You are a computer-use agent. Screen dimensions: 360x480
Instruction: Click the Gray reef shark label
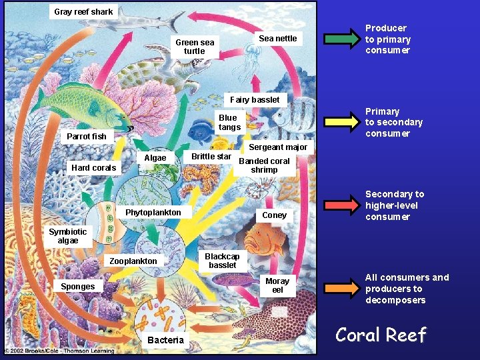click(x=83, y=11)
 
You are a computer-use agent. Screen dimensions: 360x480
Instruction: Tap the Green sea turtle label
click(x=195, y=47)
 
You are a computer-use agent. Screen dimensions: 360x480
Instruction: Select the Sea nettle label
click(x=277, y=38)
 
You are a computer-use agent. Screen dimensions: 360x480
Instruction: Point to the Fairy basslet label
click(x=255, y=99)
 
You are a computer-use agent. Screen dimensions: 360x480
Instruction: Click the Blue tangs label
click(x=229, y=123)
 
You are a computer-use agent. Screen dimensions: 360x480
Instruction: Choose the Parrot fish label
click(x=87, y=136)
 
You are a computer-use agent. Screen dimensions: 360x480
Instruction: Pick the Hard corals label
click(x=94, y=167)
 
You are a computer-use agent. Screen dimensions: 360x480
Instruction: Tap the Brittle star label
click(x=211, y=157)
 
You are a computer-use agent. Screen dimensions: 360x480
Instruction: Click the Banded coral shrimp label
click(x=264, y=165)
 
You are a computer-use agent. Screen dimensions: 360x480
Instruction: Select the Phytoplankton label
click(x=153, y=212)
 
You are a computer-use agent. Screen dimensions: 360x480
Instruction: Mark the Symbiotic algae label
click(x=67, y=236)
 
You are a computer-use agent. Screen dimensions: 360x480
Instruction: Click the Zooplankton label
click(x=133, y=261)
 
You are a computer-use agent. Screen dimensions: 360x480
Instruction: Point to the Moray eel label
click(x=277, y=285)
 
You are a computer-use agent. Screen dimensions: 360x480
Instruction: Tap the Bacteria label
click(x=165, y=340)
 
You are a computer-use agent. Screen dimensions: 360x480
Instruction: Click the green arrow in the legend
click(x=341, y=39)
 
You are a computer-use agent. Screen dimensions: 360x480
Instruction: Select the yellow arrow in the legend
click(x=341, y=122)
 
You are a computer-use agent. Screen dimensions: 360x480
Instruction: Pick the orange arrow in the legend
click(x=341, y=288)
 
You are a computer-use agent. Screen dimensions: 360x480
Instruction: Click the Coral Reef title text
click(x=381, y=335)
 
